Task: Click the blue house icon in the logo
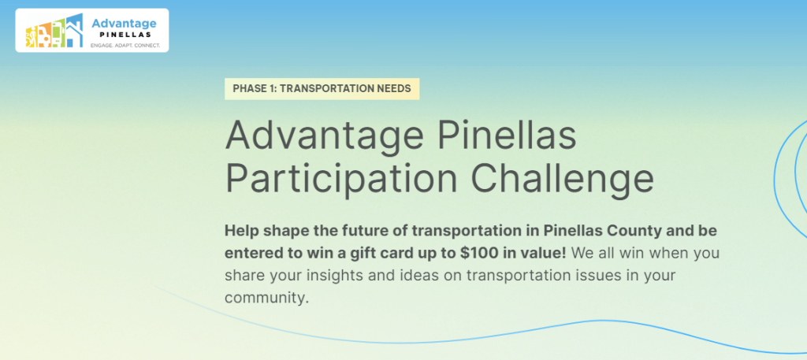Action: pos(74,31)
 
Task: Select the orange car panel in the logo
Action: pos(45,35)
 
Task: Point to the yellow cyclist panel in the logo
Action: pos(32,37)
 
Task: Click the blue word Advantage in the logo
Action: pos(124,23)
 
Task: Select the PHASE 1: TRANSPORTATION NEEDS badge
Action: pos(322,88)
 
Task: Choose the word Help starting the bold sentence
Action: pos(240,231)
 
